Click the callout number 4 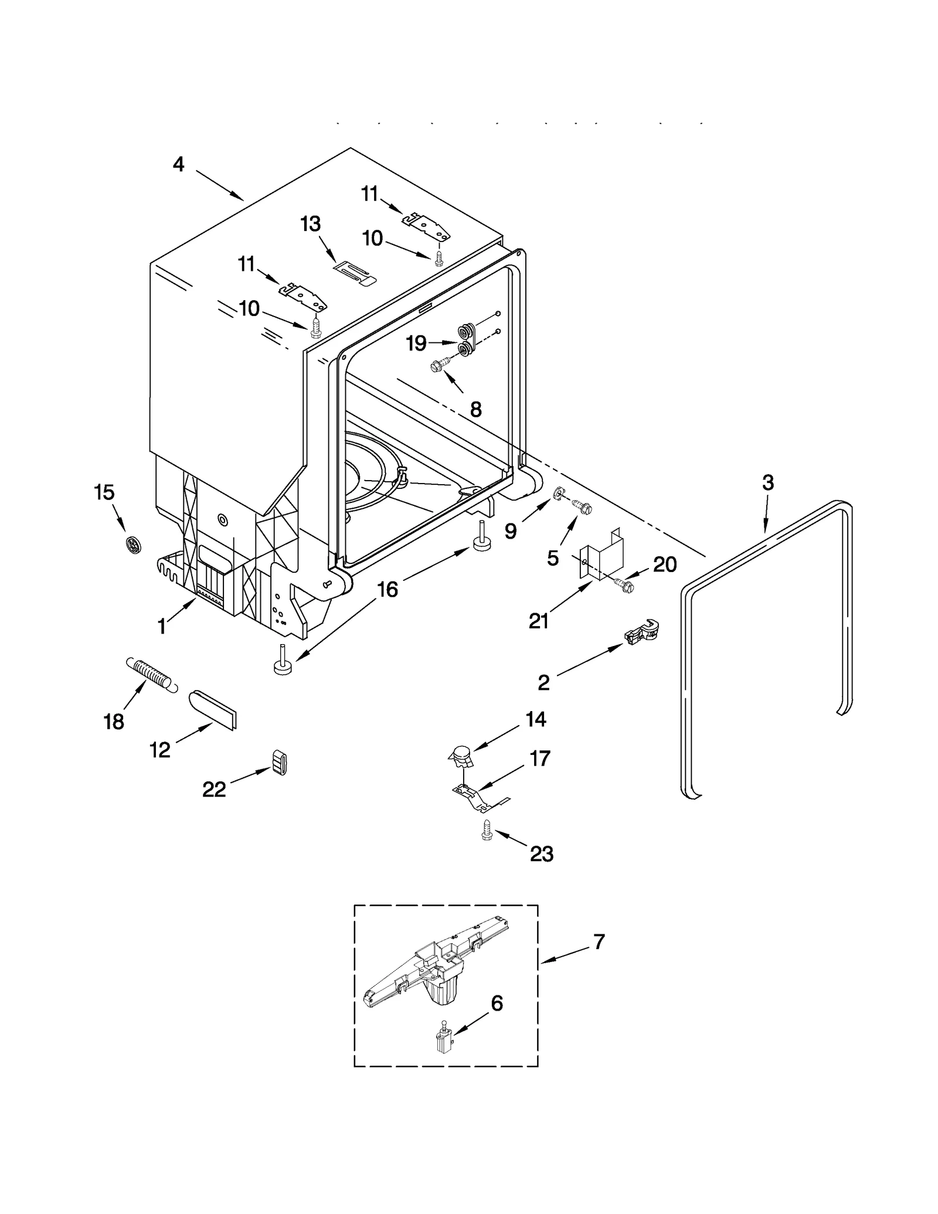(x=178, y=164)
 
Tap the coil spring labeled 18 (x=151, y=674)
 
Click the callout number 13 (x=310, y=223)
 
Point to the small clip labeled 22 (x=280, y=762)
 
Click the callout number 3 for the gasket (x=767, y=482)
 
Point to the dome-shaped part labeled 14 (x=461, y=756)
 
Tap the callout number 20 (x=664, y=565)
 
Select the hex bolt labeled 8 (x=439, y=366)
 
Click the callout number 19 (x=416, y=343)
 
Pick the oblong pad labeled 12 (x=213, y=709)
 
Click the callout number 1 (x=162, y=627)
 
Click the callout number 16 (x=388, y=589)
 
